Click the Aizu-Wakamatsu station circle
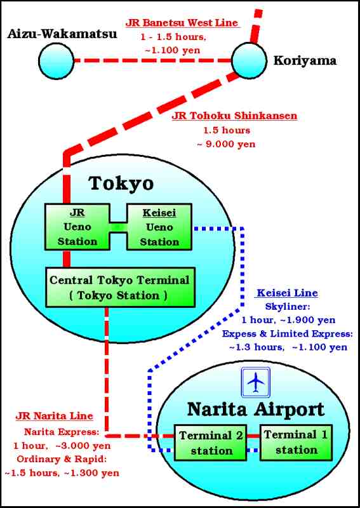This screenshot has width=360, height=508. pyautogui.click(x=57, y=60)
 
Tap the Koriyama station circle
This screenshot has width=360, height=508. pyautogui.click(x=249, y=60)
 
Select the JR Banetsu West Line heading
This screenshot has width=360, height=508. pyautogui.click(x=182, y=23)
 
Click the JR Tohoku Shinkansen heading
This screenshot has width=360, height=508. pyautogui.click(x=234, y=116)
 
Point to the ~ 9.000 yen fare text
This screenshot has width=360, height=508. pyautogui.click(x=226, y=144)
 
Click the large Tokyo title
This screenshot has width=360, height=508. pyautogui.click(x=121, y=184)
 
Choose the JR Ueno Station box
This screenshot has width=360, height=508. pyautogui.click(x=77, y=227)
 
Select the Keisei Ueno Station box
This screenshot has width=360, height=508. pyautogui.click(x=159, y=227)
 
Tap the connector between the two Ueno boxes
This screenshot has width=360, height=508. pyautogui.click(x=118, y=227)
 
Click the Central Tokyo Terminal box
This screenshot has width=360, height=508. pyautogui.click(x=120, y=287)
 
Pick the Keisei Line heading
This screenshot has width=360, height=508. pyautogui.click(x=287, y=293)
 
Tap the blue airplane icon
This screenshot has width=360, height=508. pyautogui.click(x=256, y=382)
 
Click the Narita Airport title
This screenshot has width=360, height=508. pyautogui.click(x=256, y=409)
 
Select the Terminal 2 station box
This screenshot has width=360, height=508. pyautogui.click(x=211, y=443)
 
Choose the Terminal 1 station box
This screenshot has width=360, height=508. pyautogui.click(x=296, y=442)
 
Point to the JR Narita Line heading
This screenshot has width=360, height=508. pyautogui.click(x=54, y=416)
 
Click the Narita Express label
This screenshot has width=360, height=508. pyautogui.click(x=62, y=432)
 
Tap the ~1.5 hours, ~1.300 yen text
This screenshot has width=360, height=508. pyautogui.click(x=62, y=473)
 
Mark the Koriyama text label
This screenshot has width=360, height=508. pyautogui.click(x=305, y=60)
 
